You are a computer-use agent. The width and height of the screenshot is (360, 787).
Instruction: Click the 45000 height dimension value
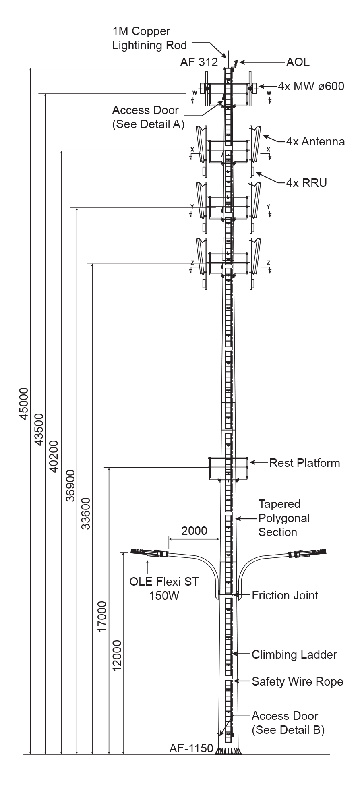[24, 404]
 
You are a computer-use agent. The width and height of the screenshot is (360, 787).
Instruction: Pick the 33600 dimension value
[86, 513]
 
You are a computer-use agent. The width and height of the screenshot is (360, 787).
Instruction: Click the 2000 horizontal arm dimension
[194, 530]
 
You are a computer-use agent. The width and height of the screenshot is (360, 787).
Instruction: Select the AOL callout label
[298, 62]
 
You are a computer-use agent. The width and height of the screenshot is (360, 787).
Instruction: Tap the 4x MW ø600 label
[311, 86]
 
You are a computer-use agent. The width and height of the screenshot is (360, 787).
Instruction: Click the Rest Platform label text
[304, 463]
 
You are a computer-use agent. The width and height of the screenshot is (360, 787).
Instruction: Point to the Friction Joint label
[285, 595]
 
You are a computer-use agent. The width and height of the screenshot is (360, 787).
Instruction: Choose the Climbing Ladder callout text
[294, 654]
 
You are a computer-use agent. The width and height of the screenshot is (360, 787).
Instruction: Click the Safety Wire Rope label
[297, 681]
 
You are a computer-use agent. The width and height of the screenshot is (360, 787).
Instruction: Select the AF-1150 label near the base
[191, 748]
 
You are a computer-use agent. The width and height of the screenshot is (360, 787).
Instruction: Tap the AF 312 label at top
[199, 62]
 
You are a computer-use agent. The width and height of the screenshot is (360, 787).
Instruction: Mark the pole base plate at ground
[228, 751]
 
